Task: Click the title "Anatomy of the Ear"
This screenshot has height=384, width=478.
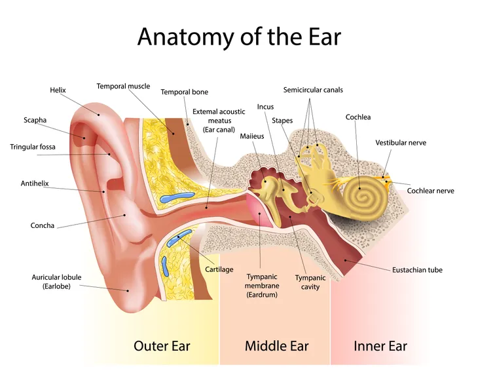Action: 239,37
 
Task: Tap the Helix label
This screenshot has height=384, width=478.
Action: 58,90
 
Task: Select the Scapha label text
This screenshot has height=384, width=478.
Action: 35,120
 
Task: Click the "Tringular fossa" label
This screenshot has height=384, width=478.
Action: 33,147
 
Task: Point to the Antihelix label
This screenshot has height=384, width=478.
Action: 35,183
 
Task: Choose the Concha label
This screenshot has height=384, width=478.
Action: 43,225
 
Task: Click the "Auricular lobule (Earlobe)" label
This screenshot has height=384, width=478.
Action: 56,282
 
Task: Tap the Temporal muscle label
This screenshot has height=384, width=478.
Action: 123,86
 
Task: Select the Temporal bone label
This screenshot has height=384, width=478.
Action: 185,92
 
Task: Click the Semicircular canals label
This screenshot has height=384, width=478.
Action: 313,90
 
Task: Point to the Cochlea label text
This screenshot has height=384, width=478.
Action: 358,117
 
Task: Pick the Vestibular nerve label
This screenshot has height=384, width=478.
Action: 401,143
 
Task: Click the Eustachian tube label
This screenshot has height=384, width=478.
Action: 417,270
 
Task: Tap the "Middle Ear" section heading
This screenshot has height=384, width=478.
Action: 276,346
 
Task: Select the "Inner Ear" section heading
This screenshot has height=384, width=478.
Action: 380,346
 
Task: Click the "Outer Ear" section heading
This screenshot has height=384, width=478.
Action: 162,346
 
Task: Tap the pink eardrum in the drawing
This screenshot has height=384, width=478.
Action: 259,210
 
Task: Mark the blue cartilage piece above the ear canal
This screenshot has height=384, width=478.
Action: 177,197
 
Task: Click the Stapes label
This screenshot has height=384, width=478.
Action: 282,121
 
